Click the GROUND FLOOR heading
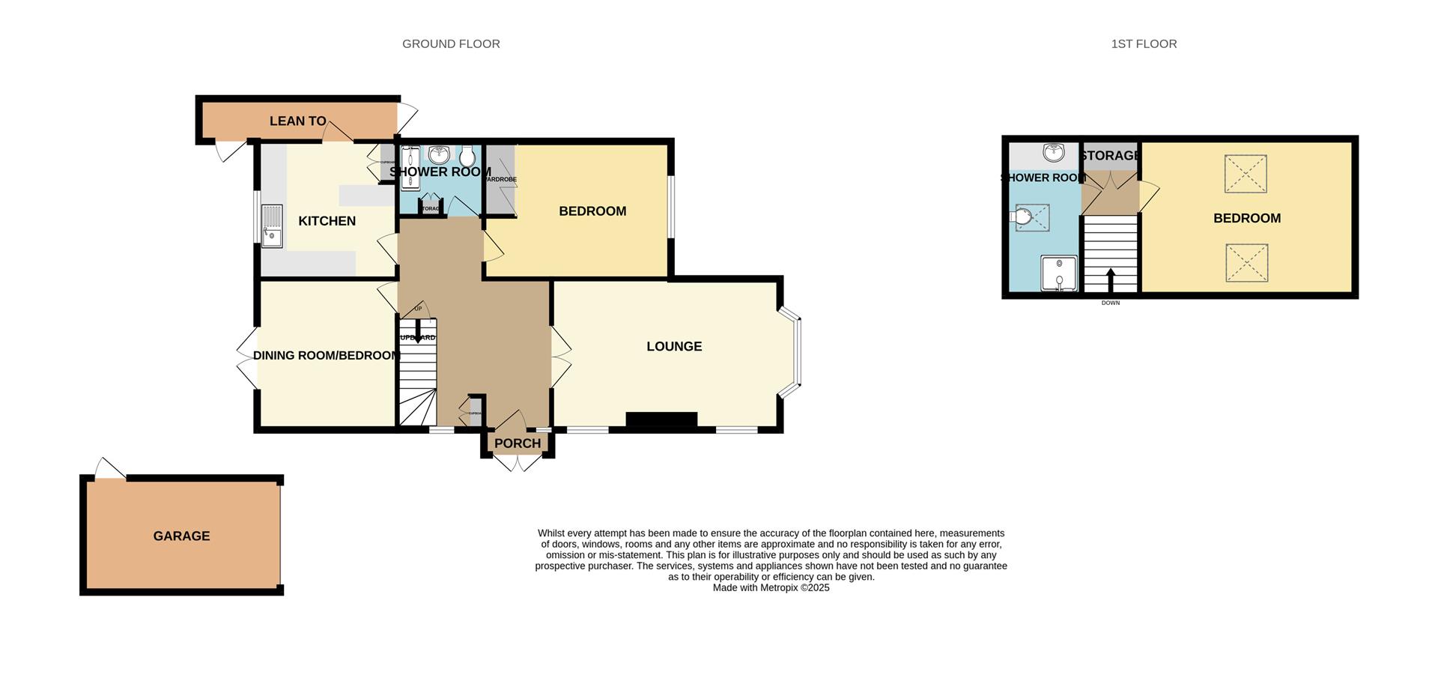pos(451,44)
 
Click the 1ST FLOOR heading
pos(1144,44)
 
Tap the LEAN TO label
pos(297,121)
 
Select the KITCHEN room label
pos(327,221)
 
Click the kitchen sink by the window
pos(272,225)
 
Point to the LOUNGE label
pos(674,346)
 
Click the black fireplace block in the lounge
pos(661,420)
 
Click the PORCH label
pos(518,444)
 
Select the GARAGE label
pos(181,536)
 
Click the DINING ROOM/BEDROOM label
pos(327,355)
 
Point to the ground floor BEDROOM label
pos(592,211)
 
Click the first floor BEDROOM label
pos(1247,218)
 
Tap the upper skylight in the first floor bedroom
pos(1246,174)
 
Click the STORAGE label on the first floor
pos(1110,156)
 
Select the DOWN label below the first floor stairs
pos(1111,303)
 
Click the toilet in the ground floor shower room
pos(468,157)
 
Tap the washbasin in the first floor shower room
pos(1054,153)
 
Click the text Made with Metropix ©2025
pos(771,588)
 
